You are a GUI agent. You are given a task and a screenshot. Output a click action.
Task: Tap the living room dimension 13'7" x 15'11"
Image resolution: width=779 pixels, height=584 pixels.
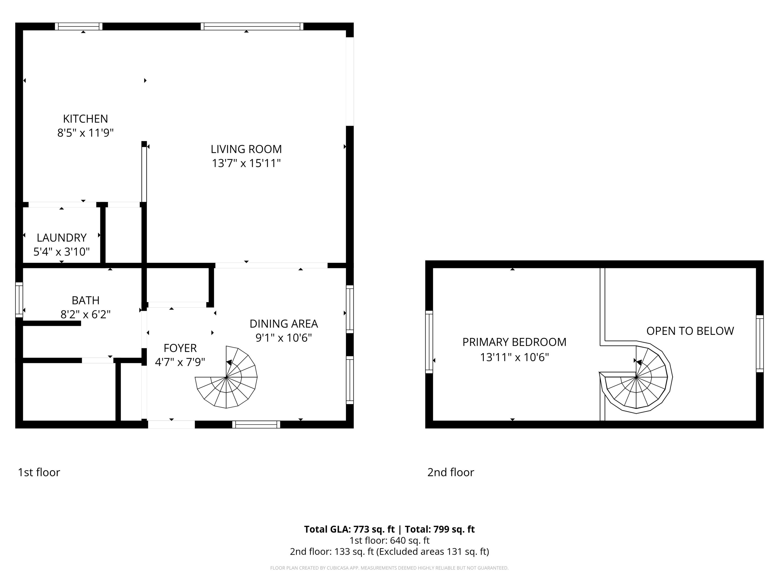pos(246,163)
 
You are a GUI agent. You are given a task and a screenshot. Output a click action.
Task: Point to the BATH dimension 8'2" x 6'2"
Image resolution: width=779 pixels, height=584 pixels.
pos(86,314)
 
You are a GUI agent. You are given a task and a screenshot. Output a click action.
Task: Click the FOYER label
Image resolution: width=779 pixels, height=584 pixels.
pos(180,348)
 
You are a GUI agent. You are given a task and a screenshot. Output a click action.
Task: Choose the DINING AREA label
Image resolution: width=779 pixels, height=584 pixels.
pos(284,323)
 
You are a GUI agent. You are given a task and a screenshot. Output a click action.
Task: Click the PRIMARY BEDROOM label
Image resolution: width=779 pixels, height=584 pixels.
pos(514,342)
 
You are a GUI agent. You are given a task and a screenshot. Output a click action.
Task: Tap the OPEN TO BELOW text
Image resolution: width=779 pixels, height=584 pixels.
pos(690,331)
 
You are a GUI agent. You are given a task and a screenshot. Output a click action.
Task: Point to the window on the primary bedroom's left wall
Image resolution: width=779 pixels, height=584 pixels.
pos(429,342)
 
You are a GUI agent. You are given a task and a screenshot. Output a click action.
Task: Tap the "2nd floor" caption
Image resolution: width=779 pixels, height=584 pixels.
pos(451,472)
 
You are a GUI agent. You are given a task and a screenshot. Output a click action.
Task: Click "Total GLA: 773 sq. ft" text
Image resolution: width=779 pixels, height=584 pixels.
pos(349,529)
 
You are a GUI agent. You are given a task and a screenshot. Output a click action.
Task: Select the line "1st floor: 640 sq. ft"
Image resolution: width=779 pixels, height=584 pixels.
pos(389,540)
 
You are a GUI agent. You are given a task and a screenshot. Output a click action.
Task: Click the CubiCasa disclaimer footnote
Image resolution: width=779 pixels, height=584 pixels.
pos(389,568)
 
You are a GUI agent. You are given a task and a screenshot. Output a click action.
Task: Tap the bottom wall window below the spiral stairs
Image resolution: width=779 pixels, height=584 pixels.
pos(256,425)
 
